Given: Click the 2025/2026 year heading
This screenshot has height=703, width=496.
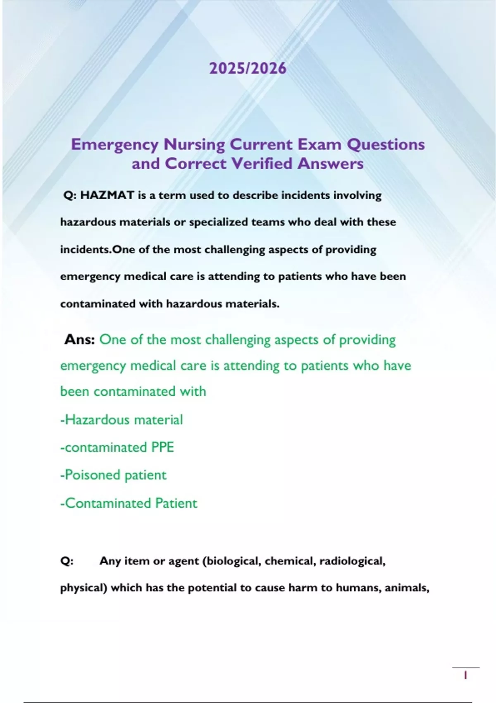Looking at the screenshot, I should [248, 68].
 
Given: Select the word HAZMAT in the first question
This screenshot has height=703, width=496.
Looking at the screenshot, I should [107, 195].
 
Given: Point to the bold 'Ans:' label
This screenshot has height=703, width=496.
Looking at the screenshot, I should [80, 340].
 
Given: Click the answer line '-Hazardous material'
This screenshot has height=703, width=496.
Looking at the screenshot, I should [122, 420].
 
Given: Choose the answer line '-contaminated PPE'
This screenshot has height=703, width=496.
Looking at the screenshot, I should [117, 447].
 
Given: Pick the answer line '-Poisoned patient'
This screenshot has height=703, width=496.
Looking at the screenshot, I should [113, 475].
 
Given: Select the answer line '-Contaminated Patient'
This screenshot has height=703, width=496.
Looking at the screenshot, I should [129, 503].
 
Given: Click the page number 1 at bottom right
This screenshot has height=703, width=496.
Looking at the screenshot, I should [465, 676].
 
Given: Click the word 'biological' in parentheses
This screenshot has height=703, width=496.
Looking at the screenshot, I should [233, 561].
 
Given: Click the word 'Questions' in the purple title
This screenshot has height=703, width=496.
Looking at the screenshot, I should [386, 144].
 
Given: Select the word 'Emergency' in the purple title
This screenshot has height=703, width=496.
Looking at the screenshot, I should [114, 145].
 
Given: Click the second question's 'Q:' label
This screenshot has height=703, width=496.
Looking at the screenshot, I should [67, 561].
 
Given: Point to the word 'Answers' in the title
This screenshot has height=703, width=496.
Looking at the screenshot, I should [330, 164].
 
